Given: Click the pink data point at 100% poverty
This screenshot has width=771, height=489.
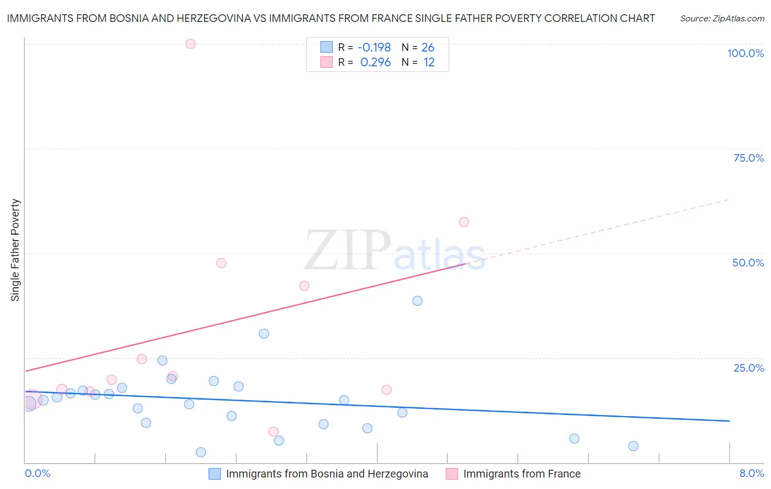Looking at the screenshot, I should pos(190,44).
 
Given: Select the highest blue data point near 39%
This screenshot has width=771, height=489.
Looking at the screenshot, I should pos(417,300).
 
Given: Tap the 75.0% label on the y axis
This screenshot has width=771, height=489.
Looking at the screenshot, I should pos(749,158).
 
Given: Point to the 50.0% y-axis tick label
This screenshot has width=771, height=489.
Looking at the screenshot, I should pos(748,263).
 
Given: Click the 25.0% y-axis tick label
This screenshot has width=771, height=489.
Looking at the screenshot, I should pos(749,368).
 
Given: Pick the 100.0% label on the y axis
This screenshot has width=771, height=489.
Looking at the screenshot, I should pos(745,53).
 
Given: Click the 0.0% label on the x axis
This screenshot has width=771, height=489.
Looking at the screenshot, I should pos(37,473).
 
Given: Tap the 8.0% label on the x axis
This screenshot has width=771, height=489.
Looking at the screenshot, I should pos(751,473).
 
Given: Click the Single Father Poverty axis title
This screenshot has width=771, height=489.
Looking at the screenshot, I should pos(15,250).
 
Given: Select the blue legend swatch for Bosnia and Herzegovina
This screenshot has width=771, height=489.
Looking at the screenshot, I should pos(215,474).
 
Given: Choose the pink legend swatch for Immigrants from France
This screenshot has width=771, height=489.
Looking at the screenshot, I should pos(452,474).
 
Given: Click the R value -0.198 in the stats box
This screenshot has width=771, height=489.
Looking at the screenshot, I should pos(374,47).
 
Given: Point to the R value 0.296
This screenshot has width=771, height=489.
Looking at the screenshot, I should pos(375,62).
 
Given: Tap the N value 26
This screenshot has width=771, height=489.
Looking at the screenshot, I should pos(428,47).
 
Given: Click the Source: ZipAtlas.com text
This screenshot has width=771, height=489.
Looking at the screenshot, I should pos(722,19).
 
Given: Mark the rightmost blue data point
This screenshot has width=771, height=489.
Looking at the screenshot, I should pos(633,446).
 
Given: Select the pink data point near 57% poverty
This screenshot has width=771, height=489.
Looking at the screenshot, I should pos(464,222).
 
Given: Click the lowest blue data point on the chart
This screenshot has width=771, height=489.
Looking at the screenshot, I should pos(201,452).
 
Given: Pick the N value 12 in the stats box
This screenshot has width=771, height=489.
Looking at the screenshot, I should pos(429,62).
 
